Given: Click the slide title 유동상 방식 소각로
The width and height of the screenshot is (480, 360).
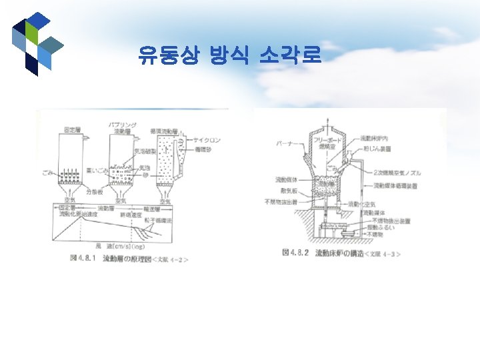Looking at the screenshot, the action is point(230,55).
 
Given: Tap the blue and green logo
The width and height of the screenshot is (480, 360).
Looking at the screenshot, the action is point(37,43).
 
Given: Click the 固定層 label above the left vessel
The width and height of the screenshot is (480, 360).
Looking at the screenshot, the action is point(72,128).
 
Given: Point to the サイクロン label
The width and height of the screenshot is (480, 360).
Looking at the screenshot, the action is point(207,141).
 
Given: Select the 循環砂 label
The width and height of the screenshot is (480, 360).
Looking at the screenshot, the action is point(203,149).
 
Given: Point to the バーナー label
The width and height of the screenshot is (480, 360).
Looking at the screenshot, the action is point(283,143).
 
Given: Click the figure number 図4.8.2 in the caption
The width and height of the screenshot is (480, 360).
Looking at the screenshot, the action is point(296,253).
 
